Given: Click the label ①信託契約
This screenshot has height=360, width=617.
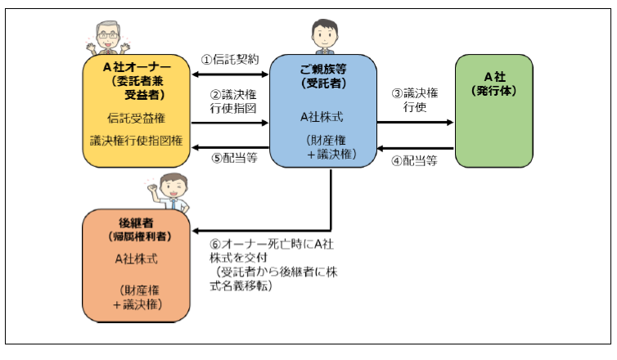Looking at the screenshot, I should coord(230,60).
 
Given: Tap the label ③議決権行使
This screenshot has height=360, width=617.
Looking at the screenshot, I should coord(416,101).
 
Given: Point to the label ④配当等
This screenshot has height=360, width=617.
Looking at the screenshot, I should coord(414,160).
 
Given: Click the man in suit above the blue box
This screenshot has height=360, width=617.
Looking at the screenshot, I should coord(322,36).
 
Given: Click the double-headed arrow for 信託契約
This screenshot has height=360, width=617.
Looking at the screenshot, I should coord(230,74).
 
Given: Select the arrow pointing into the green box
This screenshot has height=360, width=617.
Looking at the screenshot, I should coord(416,123).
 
